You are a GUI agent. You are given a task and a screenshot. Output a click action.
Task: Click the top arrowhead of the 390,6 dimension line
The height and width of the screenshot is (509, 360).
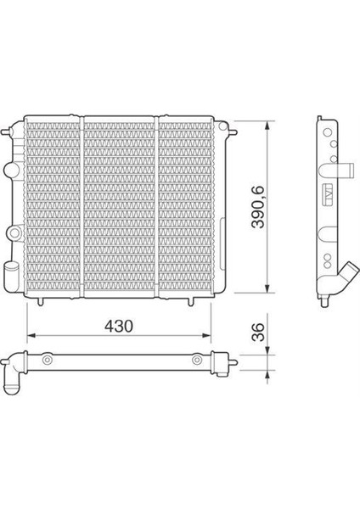[269, 121]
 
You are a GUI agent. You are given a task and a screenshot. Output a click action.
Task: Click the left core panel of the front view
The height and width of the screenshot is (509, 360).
[52, 206]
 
